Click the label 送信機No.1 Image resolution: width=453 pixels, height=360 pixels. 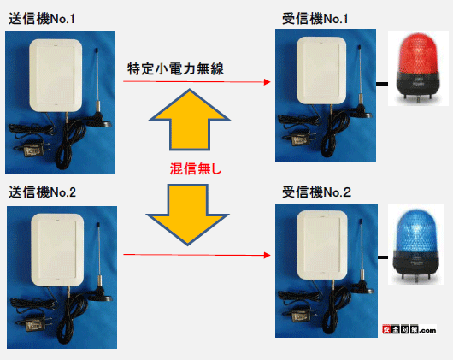[42, 19]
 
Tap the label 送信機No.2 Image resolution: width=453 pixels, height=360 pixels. [42, 192]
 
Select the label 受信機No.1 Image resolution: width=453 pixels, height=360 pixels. [315, 19]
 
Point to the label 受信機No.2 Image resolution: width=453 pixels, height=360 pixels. [316, 192]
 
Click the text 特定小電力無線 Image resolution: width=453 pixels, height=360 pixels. [176, 68]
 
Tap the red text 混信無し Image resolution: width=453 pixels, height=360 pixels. [196, 169]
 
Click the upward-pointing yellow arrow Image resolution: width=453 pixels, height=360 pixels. [190, 120]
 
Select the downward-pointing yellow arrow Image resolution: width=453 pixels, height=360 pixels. [188, 215]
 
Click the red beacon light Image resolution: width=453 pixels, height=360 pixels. [418, 68]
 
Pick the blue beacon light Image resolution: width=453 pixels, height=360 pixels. [416, 245]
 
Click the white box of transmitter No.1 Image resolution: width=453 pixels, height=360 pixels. [56, 75]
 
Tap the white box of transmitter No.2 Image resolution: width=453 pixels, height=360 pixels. [57, 251]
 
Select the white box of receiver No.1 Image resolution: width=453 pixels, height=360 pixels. [321, 70]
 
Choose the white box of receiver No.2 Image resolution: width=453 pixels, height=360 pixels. [322, 245]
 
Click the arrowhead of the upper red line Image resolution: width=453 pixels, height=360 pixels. [268, 82]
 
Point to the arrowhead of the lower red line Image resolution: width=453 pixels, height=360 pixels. [268, 255]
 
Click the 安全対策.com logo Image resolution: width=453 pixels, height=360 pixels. [409, 329]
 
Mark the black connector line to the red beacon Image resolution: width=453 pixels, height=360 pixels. [382, 84]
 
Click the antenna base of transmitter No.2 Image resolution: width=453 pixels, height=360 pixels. [100, 295]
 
